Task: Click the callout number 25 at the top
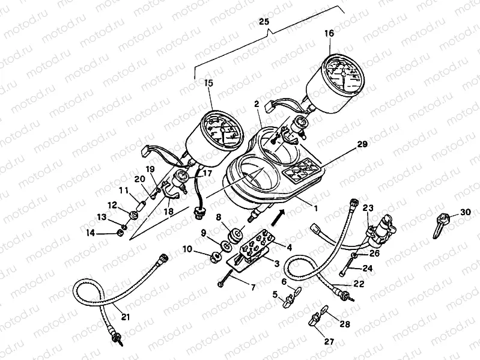point(264,22)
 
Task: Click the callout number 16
point(329,34)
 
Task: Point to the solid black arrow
point(280,213)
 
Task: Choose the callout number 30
point(466,212)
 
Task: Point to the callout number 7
point(253,288)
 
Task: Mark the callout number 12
point(112,205)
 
